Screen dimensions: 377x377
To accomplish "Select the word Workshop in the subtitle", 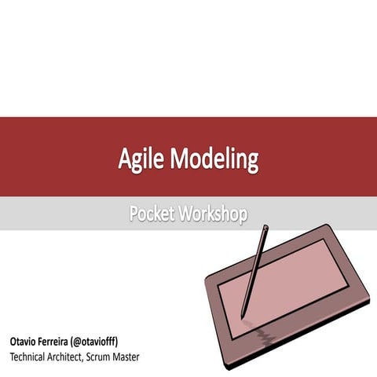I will coord(213,214).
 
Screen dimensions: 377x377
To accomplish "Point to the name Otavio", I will coord(25,342).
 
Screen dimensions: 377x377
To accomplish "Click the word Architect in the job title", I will coord(81,357).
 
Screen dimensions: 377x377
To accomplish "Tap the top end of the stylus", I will coord(268,228).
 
